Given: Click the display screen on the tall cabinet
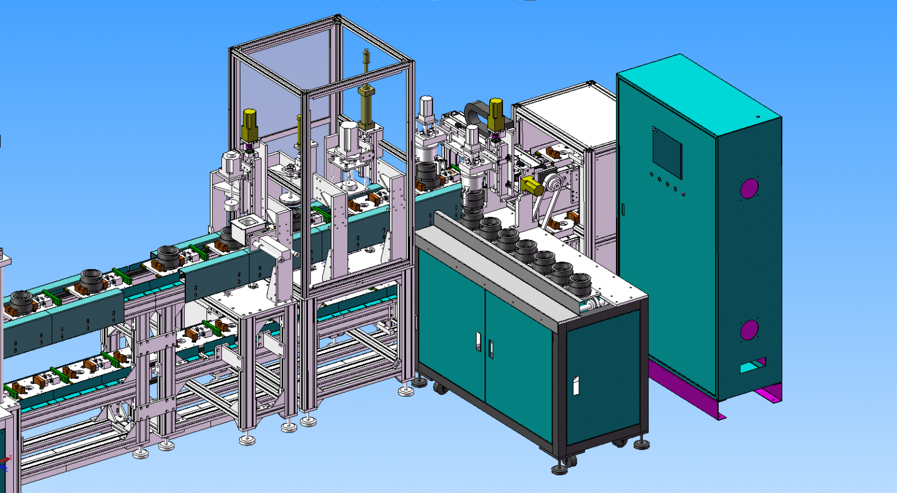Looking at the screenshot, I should (667, 152).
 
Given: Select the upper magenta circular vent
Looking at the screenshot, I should (749, 188).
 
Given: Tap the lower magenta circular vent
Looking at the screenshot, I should (749, 330).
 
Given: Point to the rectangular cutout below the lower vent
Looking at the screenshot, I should (752, 366).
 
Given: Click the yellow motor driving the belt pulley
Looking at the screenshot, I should (531, 185).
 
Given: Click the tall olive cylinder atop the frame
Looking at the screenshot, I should (366, 105).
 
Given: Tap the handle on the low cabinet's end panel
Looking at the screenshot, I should (576, 385).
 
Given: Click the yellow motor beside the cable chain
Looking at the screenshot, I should (496, 114).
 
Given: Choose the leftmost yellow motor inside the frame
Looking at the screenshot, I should (249, 126).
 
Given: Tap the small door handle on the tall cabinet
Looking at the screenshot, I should (623, 209).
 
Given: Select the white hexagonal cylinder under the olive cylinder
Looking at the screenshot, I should (348, 136).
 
